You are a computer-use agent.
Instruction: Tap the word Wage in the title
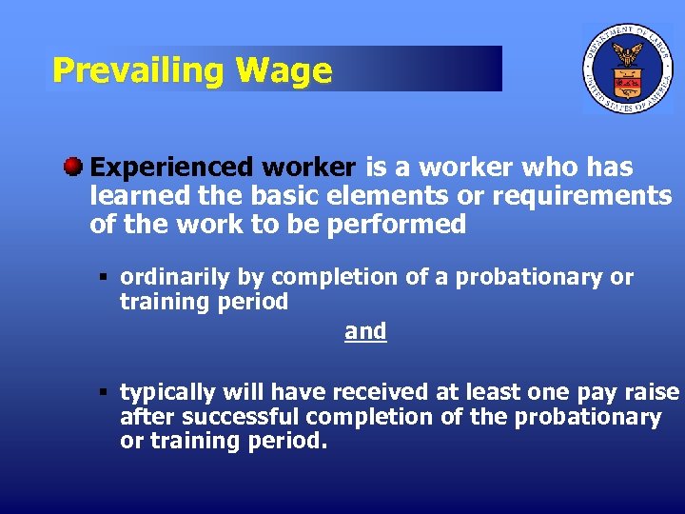[x=284, y=69]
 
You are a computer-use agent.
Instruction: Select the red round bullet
[x=73, y=168]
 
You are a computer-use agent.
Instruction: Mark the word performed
[x=410, y=225]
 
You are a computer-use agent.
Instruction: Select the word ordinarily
[x=175, y=278]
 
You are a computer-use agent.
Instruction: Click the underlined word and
[x=365, y=331]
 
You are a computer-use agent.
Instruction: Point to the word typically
[x=167, y=392]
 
